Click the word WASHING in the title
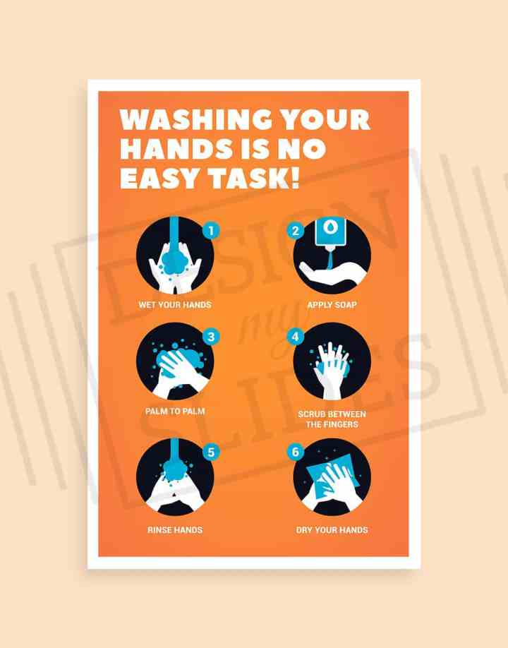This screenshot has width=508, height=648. [x=196, y=119]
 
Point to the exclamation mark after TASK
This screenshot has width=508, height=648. [x=295, y=178]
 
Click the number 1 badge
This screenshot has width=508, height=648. [x=211, y=230]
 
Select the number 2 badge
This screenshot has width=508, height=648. [x=296, y=230]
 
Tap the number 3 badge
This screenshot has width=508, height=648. [x=211, y=337]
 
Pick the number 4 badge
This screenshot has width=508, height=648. [x=296, y=337]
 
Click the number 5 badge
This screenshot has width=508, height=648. [x=211, y=452]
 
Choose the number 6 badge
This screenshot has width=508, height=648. [x=296, y=452]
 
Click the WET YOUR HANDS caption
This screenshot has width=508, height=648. [x=175, y=305]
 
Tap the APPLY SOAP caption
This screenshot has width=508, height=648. [x=332, y=305]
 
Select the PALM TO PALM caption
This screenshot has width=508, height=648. [x=175, y=412]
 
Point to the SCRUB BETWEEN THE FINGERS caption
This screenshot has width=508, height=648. [x=332, y=419]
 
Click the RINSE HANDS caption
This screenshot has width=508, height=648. [x=175, y=530]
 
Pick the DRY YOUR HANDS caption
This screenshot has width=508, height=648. [x=332, y=530]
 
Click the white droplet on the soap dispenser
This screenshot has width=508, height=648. [x=330, y=228]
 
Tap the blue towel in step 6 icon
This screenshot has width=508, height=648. [x=330, y=475]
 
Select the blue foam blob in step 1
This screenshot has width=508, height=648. [x=175, y=260]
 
